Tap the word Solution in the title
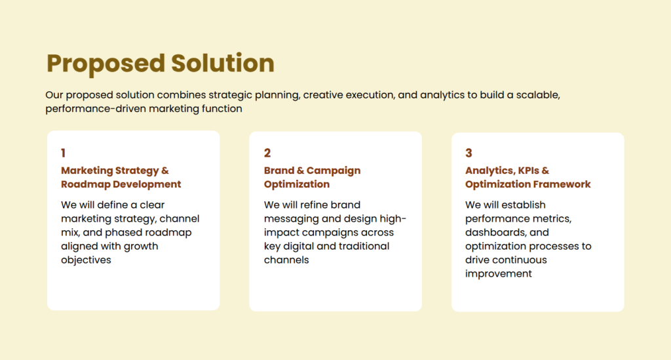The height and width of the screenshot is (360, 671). (x=222, y=64)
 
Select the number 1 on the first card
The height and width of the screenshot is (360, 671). (x=64, y=153)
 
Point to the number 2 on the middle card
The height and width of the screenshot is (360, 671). (x=267, y=153)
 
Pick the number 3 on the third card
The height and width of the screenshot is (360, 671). (x=469, y=153)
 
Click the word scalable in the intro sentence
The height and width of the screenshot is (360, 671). (x=537, y=95)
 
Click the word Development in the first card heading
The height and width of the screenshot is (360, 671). (x=147, y=184)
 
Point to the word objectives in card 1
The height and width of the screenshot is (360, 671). (x=86, y=260)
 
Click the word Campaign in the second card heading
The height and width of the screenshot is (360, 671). (x=334, y=170)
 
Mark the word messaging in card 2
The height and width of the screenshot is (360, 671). (x=290, y=218)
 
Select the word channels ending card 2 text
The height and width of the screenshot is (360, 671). (x=286, y=260)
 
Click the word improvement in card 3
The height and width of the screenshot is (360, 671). (x=498, y=273)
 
